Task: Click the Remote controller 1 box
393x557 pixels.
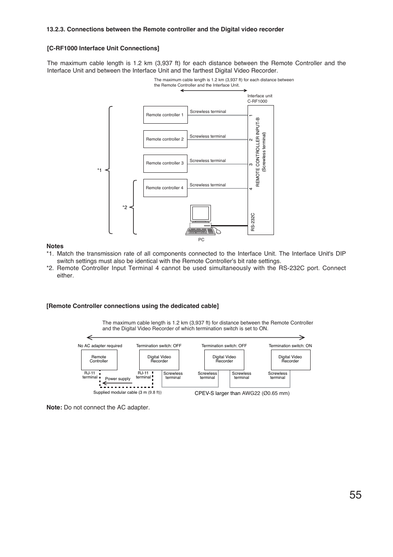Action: click(165, 115)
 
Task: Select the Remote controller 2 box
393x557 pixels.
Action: click(165, 139)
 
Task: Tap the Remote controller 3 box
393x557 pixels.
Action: click(165, 163)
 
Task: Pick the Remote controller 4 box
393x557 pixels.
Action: click(165, 188)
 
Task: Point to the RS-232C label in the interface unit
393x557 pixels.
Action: click(253, 222)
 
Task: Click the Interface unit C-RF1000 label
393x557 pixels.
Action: click(259, 99)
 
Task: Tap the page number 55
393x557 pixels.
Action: click(356, 495)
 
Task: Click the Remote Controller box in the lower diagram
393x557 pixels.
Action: click(99, 360)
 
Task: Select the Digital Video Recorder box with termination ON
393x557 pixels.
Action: click(290, 360)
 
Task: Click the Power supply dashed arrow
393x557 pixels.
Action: click(118, 383)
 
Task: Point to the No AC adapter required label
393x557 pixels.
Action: click(100, 346)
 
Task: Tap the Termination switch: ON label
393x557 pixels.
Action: click(290, 346)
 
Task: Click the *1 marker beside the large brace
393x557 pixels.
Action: click(99, 170)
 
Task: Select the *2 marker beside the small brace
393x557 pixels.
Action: click(125, 207)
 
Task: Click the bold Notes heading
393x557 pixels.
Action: click(55, 246)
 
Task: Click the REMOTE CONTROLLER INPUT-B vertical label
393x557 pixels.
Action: click(258, 152)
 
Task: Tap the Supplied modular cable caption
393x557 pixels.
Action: click(127, 392)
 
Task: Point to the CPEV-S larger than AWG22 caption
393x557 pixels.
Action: click(242, 393)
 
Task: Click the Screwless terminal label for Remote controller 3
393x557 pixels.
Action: click(208, 161)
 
